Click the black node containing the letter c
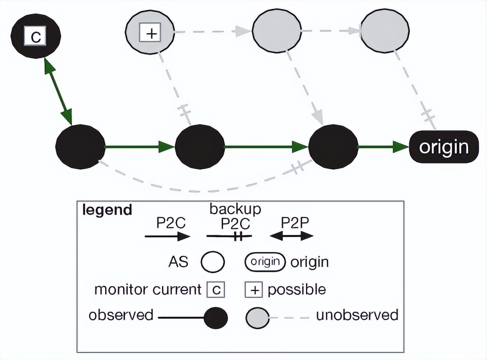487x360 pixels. (x=36, y=36)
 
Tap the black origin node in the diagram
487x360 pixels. (x=443, y=147)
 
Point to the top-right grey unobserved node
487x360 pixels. (x=385, y=31)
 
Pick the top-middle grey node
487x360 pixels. (x=277, y=31)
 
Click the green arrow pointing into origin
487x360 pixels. (x=383, y=147)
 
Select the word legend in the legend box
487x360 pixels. (x=107, y=210)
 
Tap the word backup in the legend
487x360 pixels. (x=235, y=208)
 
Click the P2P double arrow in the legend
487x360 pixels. (x=291, y=235)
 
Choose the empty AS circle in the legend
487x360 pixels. (x=212, y=262)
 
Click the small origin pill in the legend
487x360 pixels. (x=265, y=261)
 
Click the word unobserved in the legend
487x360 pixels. (x=357, y=315)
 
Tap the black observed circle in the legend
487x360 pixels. (x=216, y=317)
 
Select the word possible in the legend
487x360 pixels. (x=297, y=289)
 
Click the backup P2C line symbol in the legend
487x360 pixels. (x=229, y=235)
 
